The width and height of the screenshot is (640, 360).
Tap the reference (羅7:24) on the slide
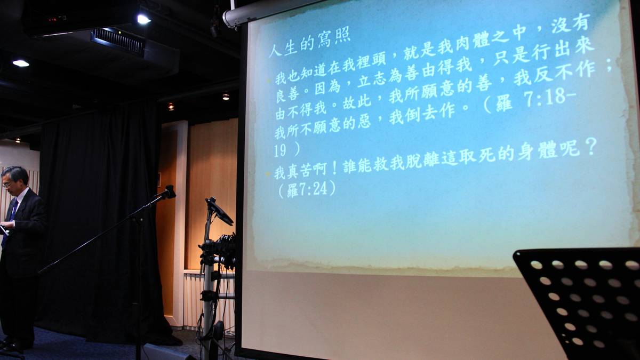[x=307, y=189]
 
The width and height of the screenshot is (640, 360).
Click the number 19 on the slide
[x=279, y=150]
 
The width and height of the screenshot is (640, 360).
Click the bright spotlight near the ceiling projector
[x=143, y=19]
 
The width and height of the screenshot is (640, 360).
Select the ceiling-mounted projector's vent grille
[x=118, y=42]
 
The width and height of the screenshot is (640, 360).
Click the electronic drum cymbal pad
[x=219, y=211]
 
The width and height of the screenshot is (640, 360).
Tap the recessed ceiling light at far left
[x=21, y=63]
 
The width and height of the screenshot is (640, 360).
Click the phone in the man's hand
[x=3, y=229]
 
